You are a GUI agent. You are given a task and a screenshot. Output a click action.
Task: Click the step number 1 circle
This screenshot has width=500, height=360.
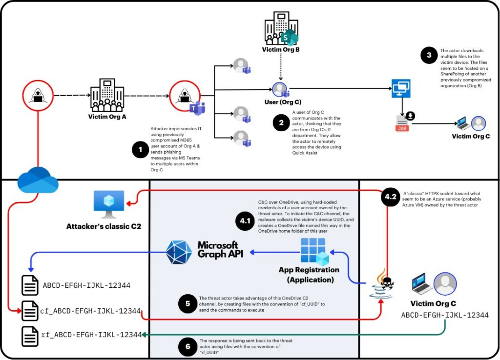(x=141, y=150)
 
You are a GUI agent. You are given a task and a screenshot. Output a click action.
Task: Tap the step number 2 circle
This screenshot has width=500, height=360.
(x=281, y=123)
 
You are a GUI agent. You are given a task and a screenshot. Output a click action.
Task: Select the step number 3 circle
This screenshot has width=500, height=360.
(x=429, y=55)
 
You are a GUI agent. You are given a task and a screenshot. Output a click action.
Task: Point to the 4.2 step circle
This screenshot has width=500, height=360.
(x=390, y=197)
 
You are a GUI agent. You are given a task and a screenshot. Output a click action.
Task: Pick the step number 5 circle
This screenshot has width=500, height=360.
(x=187, y=304)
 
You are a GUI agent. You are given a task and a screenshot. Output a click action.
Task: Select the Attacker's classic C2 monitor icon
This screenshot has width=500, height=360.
(x=108, y=205)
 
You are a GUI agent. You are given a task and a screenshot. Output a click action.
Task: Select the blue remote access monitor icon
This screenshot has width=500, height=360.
(x=401, y=89)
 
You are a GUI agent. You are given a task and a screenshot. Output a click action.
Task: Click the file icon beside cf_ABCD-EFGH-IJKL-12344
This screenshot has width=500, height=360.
(x=30, y=311)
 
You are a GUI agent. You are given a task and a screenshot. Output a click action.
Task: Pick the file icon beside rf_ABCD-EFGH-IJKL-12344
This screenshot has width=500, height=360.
(x=30, y=336)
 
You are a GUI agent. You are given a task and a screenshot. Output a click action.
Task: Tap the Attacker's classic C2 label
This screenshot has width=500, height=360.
(x=104, y=226)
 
